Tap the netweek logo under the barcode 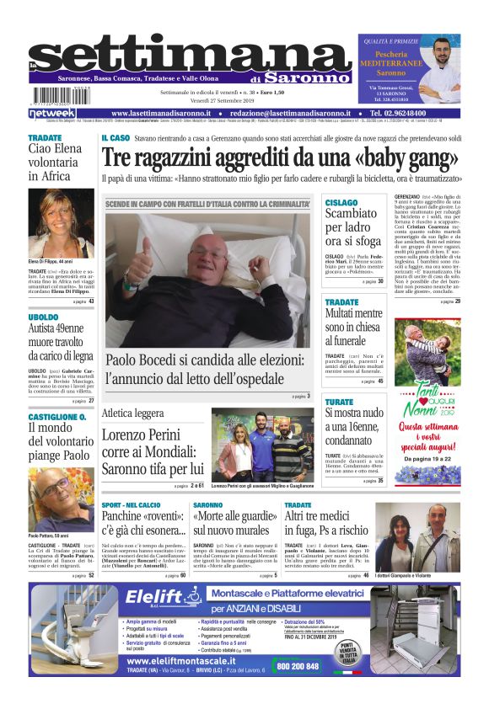coord(51,113)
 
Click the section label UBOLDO coord(44,317)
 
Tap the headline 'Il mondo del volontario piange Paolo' coord(56,442)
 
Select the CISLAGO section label coord(341,203)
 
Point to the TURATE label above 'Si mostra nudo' coord(339,402)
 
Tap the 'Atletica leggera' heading coord(132,413)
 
